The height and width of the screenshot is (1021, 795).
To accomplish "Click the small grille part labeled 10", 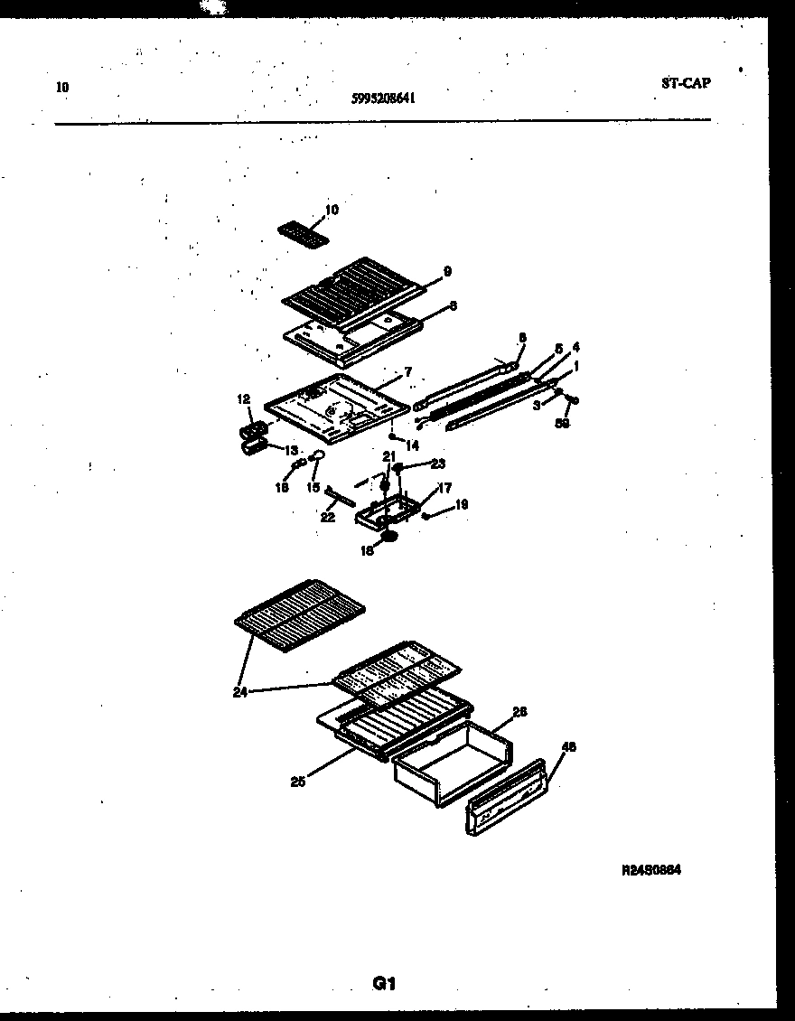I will coord(301,231).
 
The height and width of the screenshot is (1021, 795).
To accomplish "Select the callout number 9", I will coord(447,270).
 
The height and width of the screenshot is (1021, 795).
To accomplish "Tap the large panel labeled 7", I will coord(330,409).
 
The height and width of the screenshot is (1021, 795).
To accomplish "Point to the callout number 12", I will coord(243,398).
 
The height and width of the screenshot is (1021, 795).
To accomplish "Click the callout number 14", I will coord(412,445).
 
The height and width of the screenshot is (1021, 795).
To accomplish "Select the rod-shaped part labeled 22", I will coord(342,497).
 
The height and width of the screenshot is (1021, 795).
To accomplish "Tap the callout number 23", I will coord(438,464).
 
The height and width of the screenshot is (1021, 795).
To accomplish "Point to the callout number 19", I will coord(461,505).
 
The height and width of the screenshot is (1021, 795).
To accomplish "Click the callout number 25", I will coord(297,782).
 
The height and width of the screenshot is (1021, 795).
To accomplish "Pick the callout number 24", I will coord(239,694).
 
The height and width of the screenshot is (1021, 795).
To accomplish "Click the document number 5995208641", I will coord(383,100).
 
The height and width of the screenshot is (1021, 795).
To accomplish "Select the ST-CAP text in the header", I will coord(685,83).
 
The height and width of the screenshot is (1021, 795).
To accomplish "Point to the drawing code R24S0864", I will coord(650,870).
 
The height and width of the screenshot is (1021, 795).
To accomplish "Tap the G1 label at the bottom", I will coord(385,984).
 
